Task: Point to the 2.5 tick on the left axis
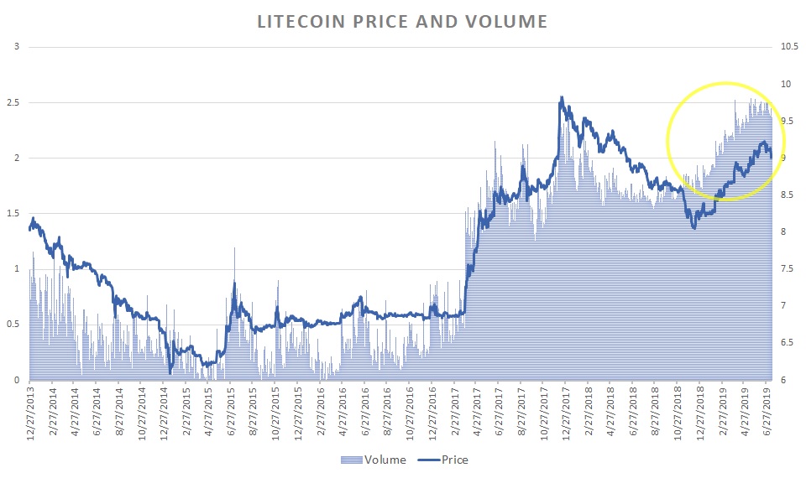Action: point(13,102)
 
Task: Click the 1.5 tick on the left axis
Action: point(13,214)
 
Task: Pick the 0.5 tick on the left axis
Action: point(13,325)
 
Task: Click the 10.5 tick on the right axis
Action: point(788,47)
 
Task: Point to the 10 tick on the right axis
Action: point(786,84)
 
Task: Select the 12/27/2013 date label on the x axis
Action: point(31,408)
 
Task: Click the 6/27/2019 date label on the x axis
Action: point(767,408)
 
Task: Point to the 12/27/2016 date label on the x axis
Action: point(432,408)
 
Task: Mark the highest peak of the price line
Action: point(561,97)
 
